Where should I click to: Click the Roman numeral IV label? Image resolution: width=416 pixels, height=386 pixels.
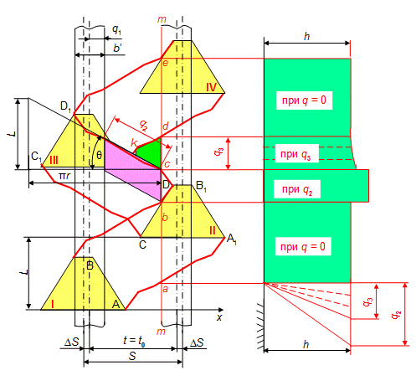click(x=211, y=87)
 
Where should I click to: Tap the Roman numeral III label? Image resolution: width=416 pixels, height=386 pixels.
click(x=54, y=161)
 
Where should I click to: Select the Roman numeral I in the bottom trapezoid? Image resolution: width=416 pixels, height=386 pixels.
click(x=53, y=304)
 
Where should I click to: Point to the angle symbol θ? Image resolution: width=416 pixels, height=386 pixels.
click(x=99, y=155)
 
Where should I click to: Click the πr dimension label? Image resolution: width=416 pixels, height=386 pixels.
click(x=64, y=176)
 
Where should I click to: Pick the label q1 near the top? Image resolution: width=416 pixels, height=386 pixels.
click(x=116, y=29)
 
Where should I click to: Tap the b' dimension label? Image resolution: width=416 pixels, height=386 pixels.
click(x=117, y=48)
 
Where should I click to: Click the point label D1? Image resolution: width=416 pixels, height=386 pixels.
click(x=66, y=106)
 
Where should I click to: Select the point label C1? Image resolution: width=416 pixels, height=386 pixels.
click(x=36, y=157)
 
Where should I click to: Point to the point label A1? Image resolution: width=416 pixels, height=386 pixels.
click(x=232, y=239)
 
